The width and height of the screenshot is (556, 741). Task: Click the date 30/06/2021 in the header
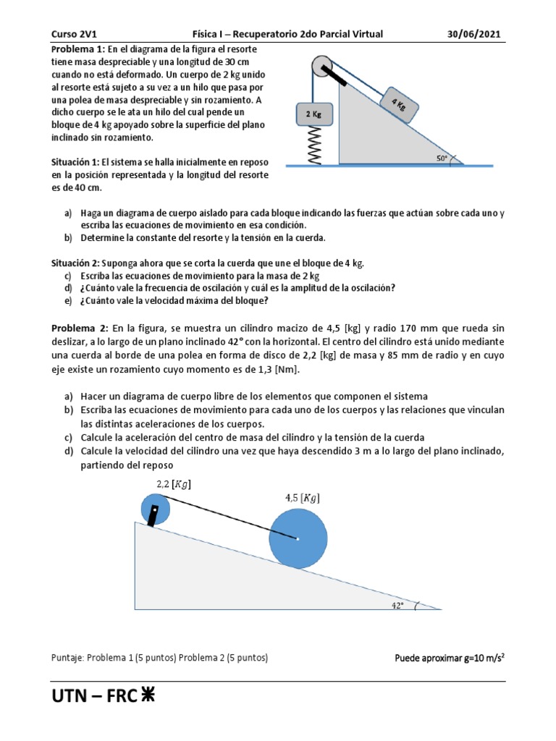pyautogui.click(x=473, y=34)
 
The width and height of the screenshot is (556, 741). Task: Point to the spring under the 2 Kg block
pyautogui.click(x=314, y=145)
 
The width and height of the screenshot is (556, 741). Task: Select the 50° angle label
pyautogui.click(x=442, y=156)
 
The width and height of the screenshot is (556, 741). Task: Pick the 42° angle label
pyautogui.click(x=397, y=606)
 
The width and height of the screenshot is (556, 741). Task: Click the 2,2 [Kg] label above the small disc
pyautogui.click(x=174, y=483)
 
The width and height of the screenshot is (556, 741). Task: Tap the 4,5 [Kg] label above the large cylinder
pyautogui.click(x=303, y=498)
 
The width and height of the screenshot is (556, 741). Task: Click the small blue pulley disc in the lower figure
pyautogui.click(x=155, y=509)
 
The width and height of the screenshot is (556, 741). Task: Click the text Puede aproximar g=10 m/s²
pyautogui.click(x=450, y=658)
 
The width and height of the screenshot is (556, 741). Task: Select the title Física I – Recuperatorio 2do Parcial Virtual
pyautogui.click(x=287, y=34)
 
